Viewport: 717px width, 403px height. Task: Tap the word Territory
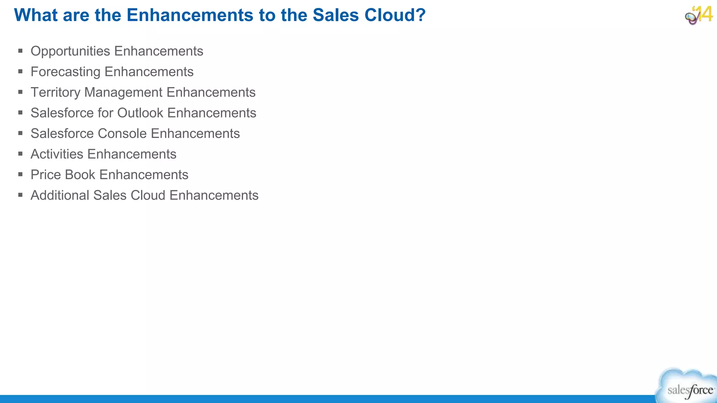(x=55, y=93)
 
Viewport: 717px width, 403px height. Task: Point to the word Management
(x=124, y=93)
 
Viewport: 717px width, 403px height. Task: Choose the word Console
(x=122, y=134)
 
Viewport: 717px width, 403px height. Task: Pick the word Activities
(x=57, y=154)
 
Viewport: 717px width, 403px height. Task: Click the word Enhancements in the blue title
(x=190, y=15)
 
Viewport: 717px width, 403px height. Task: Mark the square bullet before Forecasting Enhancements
(x=21, y=72)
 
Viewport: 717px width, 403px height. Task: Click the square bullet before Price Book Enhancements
(x=21, y=175)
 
